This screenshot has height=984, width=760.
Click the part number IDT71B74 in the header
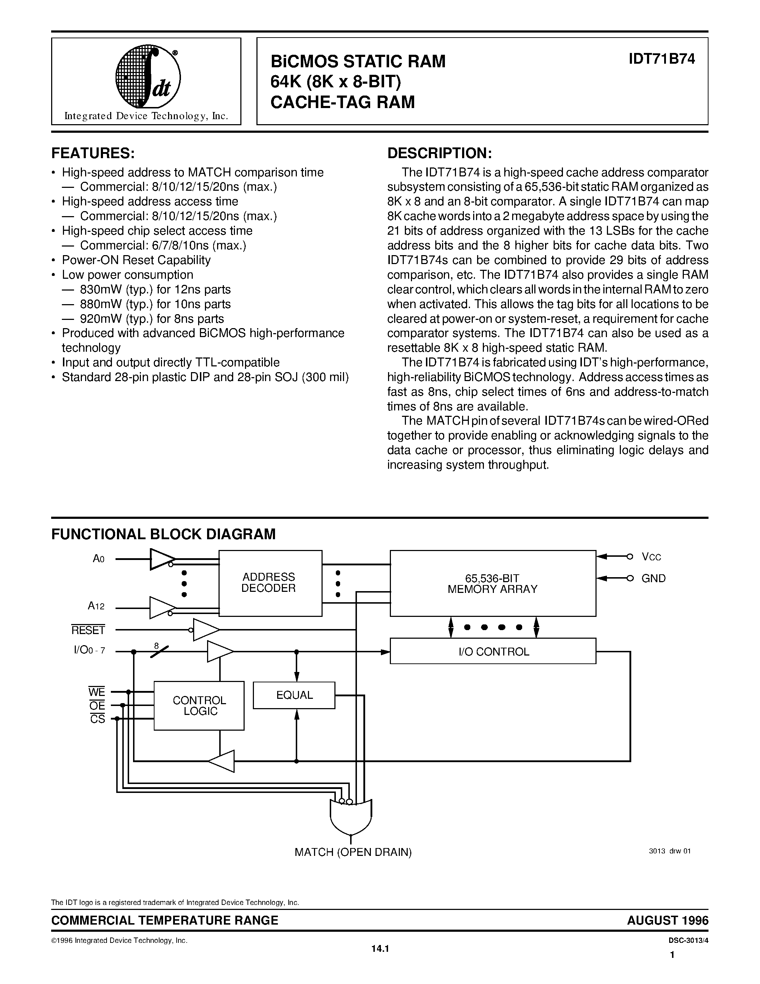[662, 59]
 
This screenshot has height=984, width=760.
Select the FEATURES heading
[93, 153]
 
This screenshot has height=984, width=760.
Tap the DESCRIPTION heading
[440, 153]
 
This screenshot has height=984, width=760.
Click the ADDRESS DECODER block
[270, 583]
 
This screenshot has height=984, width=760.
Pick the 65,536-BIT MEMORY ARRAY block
[493, 583]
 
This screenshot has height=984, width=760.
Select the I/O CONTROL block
[493, 651]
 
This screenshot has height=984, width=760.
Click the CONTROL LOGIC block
[199, 706]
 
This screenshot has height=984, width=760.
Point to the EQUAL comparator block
[294, 695]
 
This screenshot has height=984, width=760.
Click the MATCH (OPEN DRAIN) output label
[353, 852]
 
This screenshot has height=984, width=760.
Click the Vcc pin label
[652, 557]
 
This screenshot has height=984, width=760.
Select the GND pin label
[654, 579]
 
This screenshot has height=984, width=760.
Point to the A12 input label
[96, 606]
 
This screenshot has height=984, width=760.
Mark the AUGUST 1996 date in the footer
[668, 920]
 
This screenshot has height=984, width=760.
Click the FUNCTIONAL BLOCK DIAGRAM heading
[163, 534]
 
